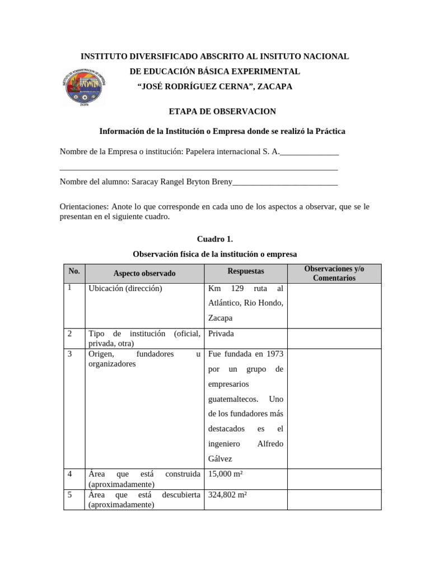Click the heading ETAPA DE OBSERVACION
215,112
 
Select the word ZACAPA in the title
274,87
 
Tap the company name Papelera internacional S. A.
232,151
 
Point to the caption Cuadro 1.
214,239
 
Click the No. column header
74,271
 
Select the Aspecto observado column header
144,274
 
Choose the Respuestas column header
246,271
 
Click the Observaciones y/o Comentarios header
334,274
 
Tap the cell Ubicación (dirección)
125,289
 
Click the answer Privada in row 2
221,334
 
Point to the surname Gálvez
220,459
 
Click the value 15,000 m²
225,474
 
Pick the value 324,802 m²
227,496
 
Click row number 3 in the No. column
70,354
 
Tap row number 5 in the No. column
70,496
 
